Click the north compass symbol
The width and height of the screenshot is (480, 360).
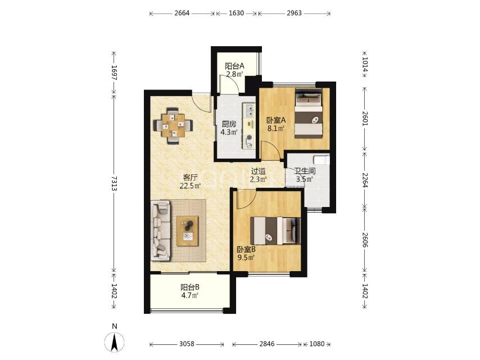115,341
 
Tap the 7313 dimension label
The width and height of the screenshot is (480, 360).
114,183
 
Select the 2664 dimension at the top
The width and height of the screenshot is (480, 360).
182,13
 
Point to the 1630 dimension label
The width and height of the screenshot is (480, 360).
236,13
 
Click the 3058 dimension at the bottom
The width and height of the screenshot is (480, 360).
187,344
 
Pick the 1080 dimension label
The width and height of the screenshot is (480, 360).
316,344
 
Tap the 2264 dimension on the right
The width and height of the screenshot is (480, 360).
365,180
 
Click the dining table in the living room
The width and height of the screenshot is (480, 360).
173,125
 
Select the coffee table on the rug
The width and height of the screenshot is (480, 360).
187,231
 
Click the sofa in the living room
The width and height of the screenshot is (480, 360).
160,231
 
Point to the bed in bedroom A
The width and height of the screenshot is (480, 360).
309,114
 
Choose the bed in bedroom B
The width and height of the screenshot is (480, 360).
275,231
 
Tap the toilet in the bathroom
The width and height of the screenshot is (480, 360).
321,160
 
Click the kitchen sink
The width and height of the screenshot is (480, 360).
250,110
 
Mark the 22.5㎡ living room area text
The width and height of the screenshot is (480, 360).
190,186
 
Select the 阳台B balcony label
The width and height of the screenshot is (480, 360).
190,287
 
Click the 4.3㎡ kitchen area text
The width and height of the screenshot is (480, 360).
229,132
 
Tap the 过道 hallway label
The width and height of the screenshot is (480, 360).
258,172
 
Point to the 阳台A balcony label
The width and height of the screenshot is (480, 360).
234,66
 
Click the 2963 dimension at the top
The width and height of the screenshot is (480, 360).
294,13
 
